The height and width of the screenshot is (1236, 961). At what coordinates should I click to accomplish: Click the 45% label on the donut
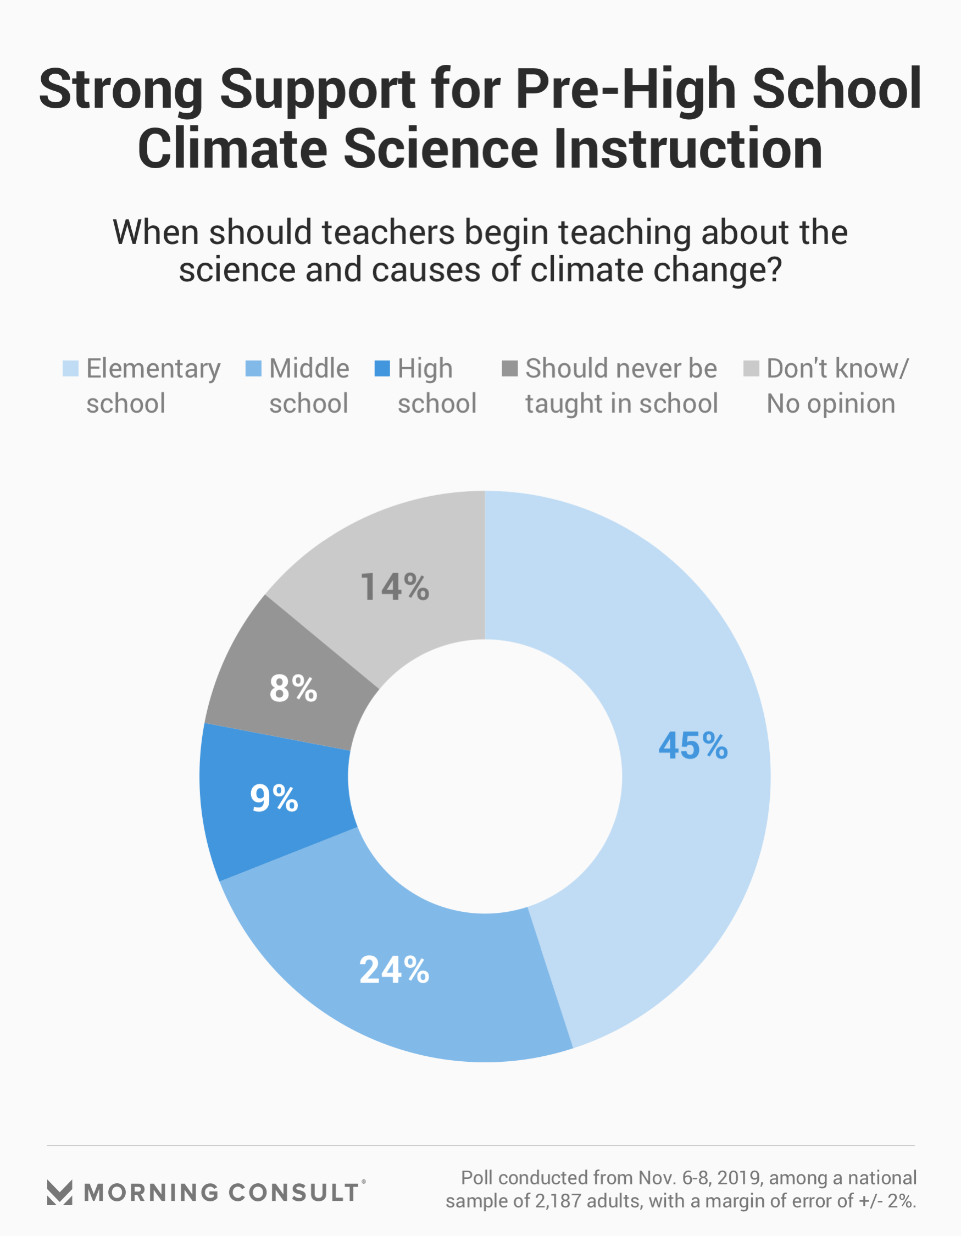pos(693,745)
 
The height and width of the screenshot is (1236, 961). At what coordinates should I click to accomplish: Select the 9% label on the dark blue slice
pos(274,799)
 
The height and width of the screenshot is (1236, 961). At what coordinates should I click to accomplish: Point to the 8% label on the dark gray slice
pos(293,689)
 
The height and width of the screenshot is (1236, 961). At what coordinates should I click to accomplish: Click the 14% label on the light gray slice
pos(395,587)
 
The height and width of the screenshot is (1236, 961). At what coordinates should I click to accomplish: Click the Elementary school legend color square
pos(70,368)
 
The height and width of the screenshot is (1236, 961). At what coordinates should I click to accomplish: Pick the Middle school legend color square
pos(253,368)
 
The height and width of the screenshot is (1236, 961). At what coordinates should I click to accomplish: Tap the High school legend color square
pos(382,368)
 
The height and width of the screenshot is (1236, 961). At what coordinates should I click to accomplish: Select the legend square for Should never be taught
pos(510,368)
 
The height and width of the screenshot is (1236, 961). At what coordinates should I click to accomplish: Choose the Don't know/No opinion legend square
pos(751,368)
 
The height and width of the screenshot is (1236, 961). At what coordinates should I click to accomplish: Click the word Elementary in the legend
pos(153,369)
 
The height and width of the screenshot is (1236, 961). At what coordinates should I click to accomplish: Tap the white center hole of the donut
pos(485,776)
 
